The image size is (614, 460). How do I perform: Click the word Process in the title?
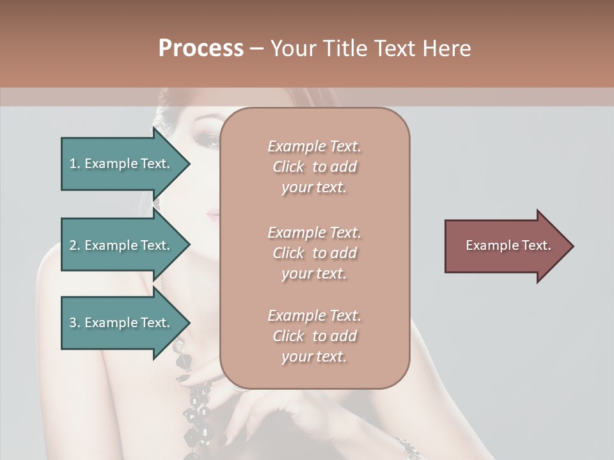tap(201, 49)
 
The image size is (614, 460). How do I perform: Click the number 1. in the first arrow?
tap(75, 164)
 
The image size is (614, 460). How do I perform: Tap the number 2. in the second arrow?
tap(75, 245)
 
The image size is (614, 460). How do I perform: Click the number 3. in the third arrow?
tap(75, 323)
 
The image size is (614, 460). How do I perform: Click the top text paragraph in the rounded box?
tap(314, 167)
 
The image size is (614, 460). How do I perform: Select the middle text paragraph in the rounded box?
tap(314, 253)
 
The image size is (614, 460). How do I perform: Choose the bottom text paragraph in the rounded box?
tap(314, 336)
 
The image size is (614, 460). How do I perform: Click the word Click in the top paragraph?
tap(288, 167)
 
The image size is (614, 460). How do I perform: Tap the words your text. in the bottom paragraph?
tap(314, 356)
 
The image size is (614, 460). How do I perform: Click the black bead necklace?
tap(195, 383)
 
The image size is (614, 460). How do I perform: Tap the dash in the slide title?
tap(256, 49)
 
